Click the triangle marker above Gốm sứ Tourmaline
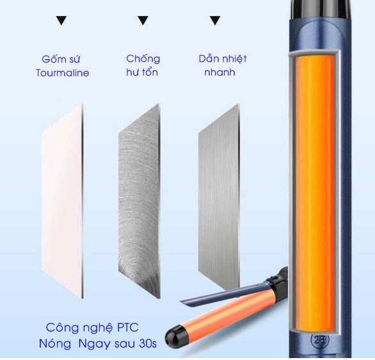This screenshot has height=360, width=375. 61,20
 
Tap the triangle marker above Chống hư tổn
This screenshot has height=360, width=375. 143,20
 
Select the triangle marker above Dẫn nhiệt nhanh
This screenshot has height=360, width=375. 215,20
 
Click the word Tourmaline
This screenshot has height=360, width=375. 63,73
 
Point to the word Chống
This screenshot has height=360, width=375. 143,59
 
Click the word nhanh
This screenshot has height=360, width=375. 219,72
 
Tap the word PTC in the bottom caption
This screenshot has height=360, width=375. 128,328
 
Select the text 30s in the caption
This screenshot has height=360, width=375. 148,344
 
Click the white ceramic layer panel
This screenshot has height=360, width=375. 63,201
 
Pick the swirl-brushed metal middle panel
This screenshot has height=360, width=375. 139,201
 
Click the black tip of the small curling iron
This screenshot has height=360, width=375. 174,336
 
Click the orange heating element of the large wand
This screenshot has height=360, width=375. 315,194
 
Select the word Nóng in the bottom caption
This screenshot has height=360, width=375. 55,344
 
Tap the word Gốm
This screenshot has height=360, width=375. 52,59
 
